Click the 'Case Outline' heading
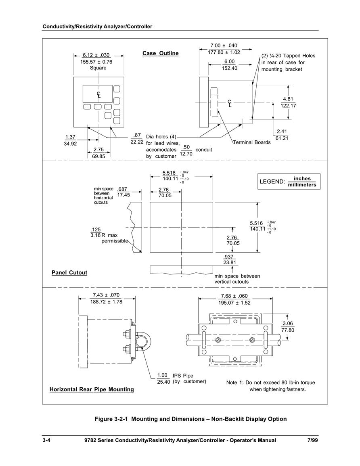click(x=161, y=54)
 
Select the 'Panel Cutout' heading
click(x=69, y=273)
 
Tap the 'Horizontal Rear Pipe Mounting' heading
click(x=92, y=389)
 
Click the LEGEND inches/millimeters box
click(x=289, y=182)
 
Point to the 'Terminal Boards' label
click(x=251, y=142)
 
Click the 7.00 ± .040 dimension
click(x=224, y=46)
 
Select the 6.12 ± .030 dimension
click(x=96, y=55)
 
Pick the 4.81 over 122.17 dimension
click(x=288, y=102)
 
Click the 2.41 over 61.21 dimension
click(x=282, y=135)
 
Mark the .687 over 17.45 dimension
click(x=123, y=192)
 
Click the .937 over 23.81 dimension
click(x=230, y=259)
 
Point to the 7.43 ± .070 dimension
click(x=106, y=295)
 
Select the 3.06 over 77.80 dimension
click(x=288, y=327)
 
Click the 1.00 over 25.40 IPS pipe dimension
click(x=163, y=378)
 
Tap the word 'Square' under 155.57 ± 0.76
click(x=98, y=68)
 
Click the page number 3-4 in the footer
click(x=46, y=440)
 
